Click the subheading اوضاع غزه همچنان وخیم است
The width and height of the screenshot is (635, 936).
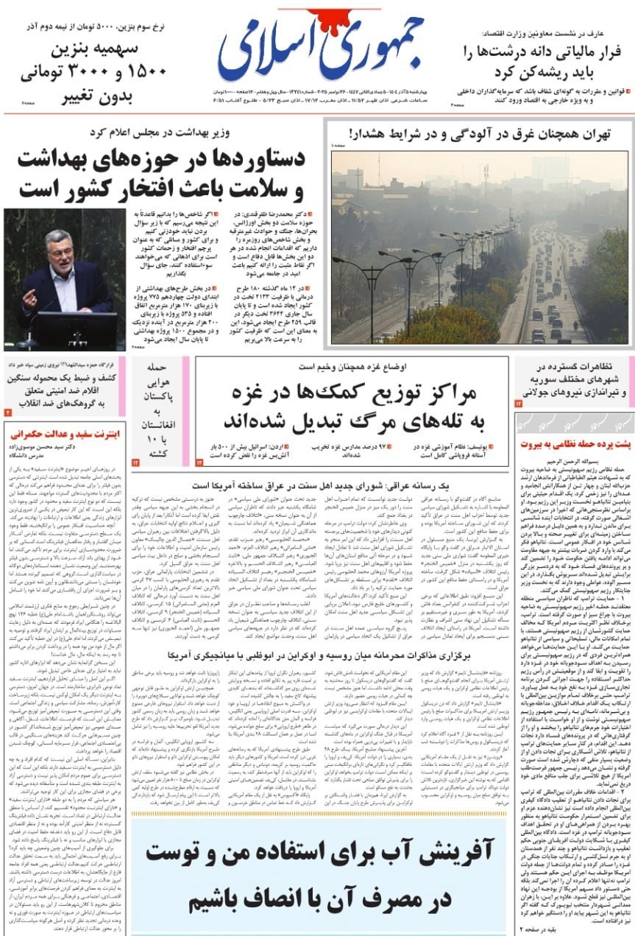click(357, 366)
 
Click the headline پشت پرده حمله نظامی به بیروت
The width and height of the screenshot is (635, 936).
click(575, 444)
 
